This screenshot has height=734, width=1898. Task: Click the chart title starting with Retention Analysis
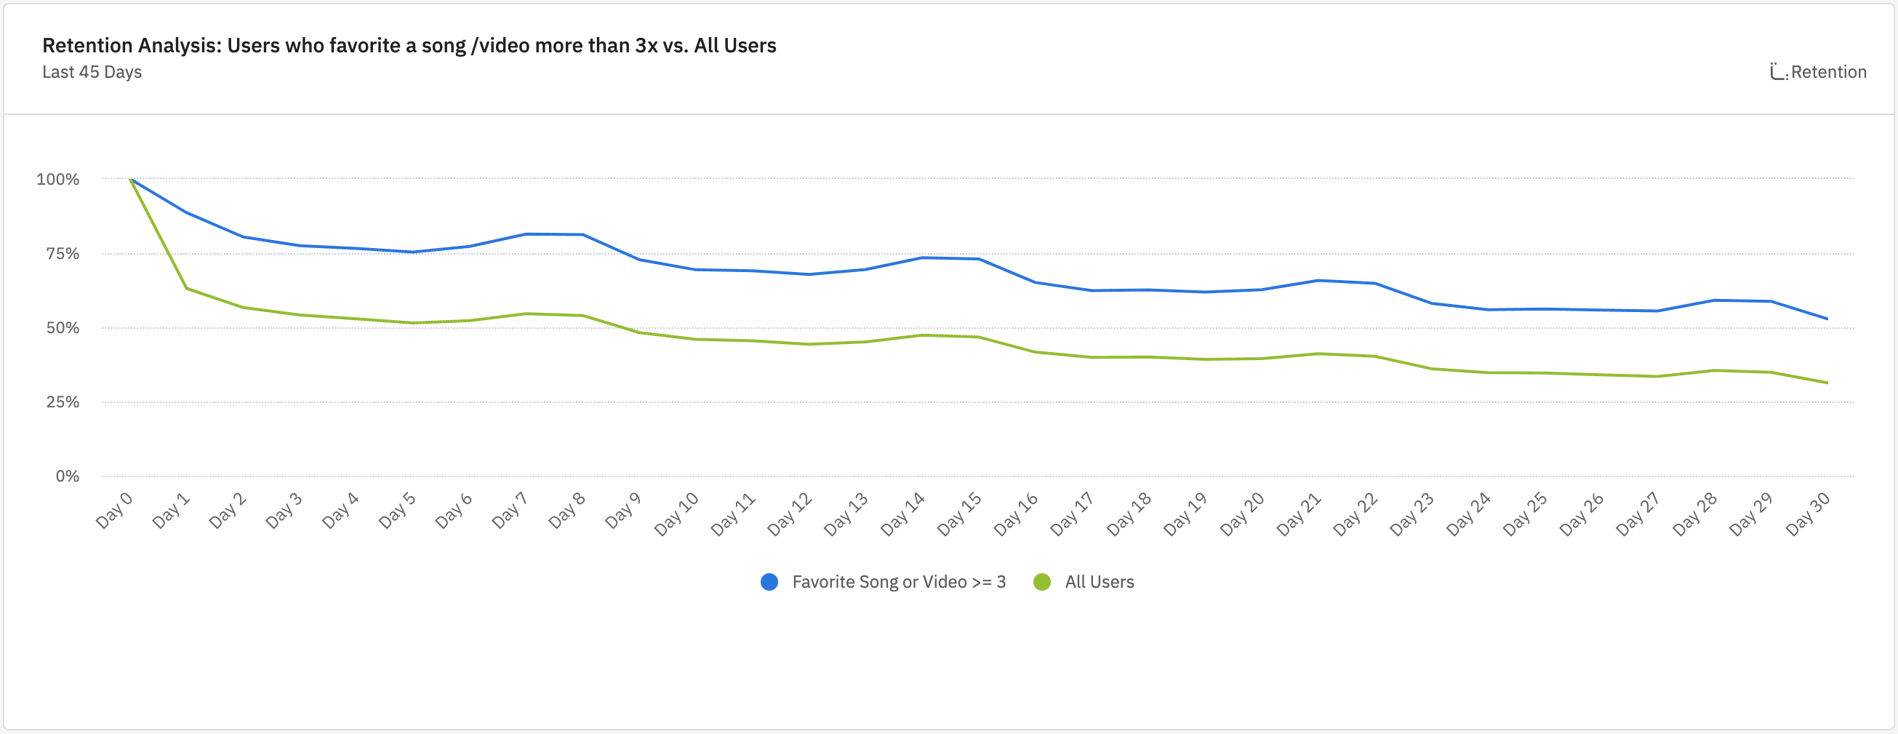click(x=409, y=46)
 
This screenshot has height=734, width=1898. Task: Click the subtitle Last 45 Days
click(x=92, y=72)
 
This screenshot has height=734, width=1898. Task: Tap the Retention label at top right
click(x=1828, y=72)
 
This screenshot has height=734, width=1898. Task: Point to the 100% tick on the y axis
click(x=57, y=179)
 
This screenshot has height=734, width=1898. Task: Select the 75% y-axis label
click(x=62, y=253)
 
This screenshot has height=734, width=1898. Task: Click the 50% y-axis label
click(x=62, y=328)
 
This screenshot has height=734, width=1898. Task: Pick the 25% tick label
click(x=62, y=402)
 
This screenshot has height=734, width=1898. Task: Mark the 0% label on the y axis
click(x=67, y=476)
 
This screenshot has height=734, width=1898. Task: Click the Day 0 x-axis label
click(x=114, y=510)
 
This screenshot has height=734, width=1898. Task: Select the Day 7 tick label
click(x=510, y=510)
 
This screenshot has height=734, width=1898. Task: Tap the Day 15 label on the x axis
click(x=959, y=514)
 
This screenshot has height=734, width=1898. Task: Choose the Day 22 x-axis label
click(x=1356, y=514)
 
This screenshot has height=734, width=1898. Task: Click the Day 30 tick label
click(x=1808, y=514)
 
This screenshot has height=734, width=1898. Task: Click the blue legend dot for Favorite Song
click(x=769, y=582)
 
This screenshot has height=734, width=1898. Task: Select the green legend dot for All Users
click(x=1042, y=582)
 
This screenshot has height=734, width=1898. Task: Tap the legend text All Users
click(x=1100, y=582)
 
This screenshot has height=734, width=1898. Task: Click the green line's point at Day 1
click(x=187, y=288)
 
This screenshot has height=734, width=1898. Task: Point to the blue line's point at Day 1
click(x=187, y=213)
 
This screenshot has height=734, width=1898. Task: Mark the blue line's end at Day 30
click(x=1827, y=319)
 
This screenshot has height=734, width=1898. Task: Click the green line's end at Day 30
click(x=1827, y=383)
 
